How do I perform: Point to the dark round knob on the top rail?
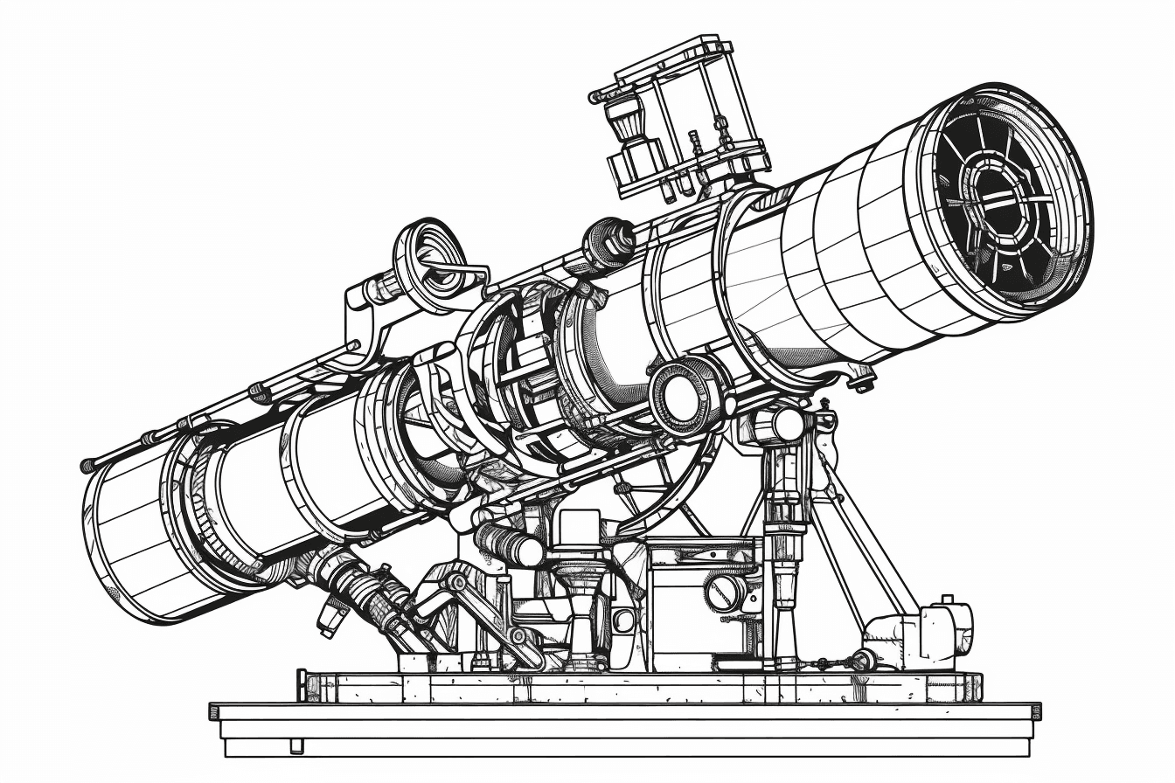(609, 242)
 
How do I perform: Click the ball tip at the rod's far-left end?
(87, 466)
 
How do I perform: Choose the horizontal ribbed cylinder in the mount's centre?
(508, 544)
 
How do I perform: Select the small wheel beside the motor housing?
(865, 660)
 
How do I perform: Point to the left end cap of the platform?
(302, 685)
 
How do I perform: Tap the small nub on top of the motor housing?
(946, 602)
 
